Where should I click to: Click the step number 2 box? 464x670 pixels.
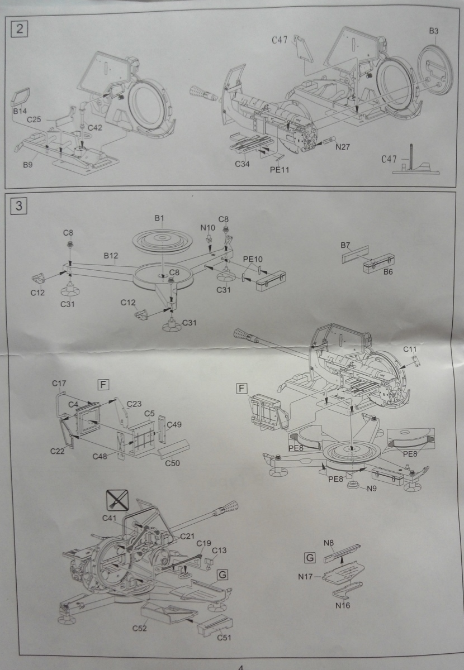pyautogui.click(x=20, y=29)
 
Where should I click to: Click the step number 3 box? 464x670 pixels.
pyautogui.click(x=19, y=205)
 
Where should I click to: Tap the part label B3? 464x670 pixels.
pyautogui.click(x=434, y=31)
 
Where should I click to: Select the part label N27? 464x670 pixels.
pyautogui.click(x=343, y=147)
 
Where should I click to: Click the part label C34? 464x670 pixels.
pyautogui.click(x=242, y=164)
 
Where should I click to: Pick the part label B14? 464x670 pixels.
pyautogui.click(x=20, y=112)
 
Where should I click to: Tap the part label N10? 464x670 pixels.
pyautogui.click(x=208, y=227)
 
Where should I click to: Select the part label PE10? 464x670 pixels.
pyautogui.click(x=253, y=260)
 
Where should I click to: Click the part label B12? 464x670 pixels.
pyautogui.click(x=110, y=256)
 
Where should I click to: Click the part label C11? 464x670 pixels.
pyautogui.click(x=411, y=349)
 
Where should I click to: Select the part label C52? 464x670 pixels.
pyautogui.click(x=140, y=628)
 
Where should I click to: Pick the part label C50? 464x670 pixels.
pyautogui.click(x=174, y=463)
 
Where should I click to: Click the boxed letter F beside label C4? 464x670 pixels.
pyautogui.click(x=103, y=384)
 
